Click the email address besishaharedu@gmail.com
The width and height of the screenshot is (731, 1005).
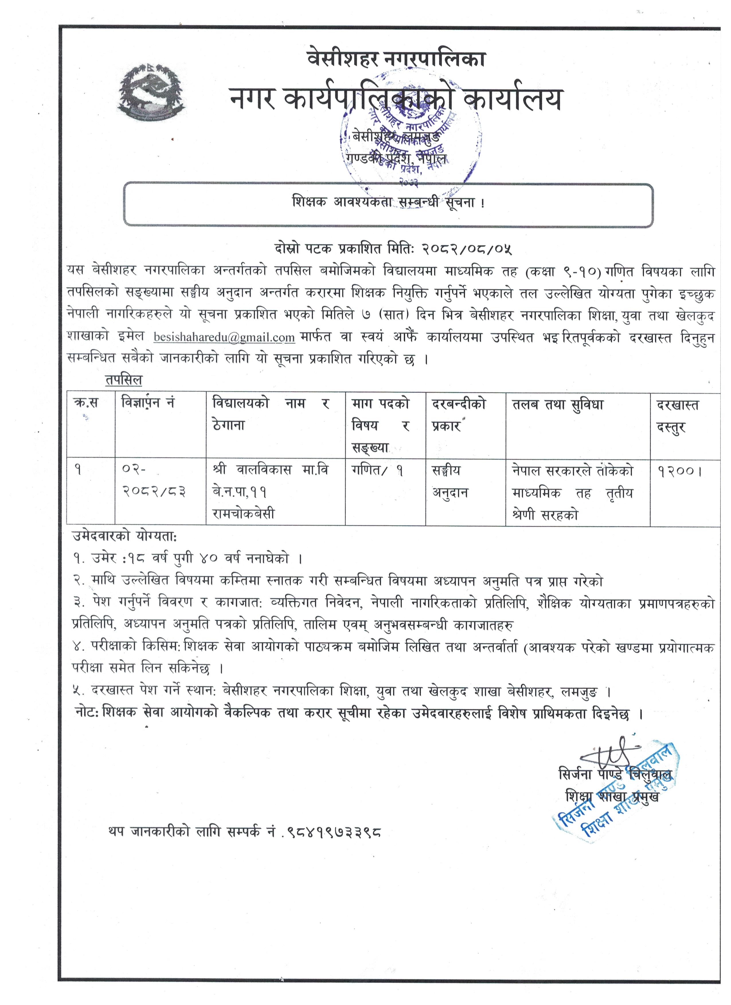click(x=224, y=337)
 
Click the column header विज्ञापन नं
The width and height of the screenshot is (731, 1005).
click(x=148, y=403)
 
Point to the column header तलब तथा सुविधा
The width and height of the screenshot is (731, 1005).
click(x=558, y=405)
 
